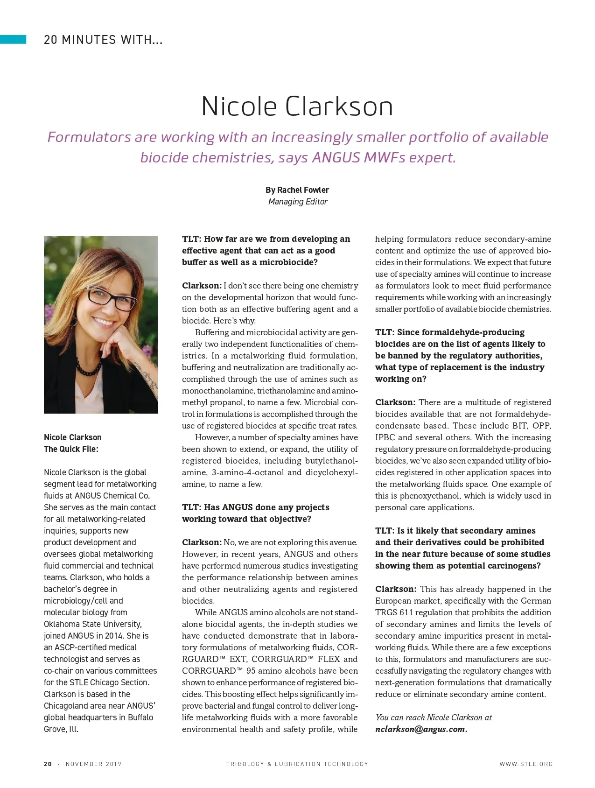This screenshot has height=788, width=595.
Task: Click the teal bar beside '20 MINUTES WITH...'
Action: point(13,39)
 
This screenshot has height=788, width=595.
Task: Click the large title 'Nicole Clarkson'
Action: point(297,106)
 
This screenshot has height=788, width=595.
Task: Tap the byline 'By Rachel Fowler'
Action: point(297,190)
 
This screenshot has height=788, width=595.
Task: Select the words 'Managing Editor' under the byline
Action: point(298,202)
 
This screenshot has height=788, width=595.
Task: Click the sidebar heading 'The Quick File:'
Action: point(71,449)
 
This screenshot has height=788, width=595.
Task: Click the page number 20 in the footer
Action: point(48,764)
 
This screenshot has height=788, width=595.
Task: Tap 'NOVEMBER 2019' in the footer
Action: point(93,764)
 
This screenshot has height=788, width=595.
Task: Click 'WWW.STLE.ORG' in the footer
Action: point(526,764)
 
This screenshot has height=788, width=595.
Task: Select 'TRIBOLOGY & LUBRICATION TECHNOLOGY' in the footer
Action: point(297,764)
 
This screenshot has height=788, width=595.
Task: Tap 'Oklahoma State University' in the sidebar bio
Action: point(92,624)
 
